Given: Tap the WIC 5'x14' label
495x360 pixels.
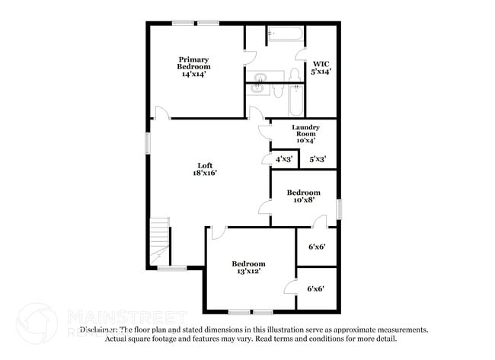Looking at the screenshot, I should pyautogui.click(x=321, y=67).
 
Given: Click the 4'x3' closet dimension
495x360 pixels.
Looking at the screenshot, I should pyautogui.click(x=283, y=159).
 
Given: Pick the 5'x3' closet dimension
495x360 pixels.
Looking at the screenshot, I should pyautogui.click(x=318, y=159).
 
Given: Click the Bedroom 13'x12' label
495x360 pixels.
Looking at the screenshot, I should pyautogui.click(x=248, y=268).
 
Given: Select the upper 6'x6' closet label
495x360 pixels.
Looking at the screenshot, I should pyautogui.click(x=316, y=247).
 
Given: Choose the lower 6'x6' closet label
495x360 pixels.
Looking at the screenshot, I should pyautogui.click(x=316, y=288).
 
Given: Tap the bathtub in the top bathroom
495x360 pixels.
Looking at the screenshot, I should pyautogui.click(x=285, y=34).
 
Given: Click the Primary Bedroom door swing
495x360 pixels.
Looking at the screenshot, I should pyautogui.click(x=162, y=113).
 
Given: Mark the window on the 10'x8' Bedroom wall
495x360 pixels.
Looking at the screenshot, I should pyautogui.click(x=339, y=209).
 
